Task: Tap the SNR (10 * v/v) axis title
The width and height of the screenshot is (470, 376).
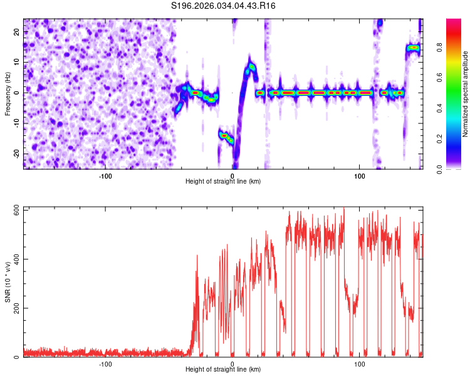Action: (x=8, y=282)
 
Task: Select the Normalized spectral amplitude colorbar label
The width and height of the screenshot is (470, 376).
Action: (x=466, y=94)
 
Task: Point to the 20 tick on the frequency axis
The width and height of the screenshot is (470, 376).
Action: (x=17, y=31)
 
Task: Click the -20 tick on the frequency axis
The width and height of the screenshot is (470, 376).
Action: (x=16, y=154)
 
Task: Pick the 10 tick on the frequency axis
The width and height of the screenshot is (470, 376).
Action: (x=17, y=62)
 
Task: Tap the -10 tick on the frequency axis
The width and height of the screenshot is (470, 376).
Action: (x=16, y=123)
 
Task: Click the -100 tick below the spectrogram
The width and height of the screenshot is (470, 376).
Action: (x=105, y=175)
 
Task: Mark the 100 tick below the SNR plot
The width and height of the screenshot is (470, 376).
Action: (x=360, y=363)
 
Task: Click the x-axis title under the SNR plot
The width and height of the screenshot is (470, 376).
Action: (x=224, y=370)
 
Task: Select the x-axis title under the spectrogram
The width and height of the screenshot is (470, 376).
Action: (x=224, y=182)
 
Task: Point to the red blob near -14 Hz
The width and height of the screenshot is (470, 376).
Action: (x=224, y=135)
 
